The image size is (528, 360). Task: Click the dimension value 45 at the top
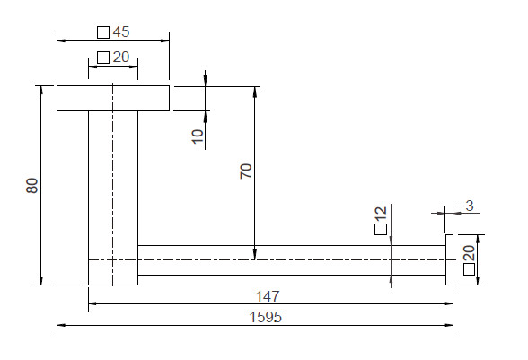coord(121,31)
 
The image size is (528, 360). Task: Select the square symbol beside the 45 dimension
coord(103,32)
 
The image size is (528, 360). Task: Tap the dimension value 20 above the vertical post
coord(121,57)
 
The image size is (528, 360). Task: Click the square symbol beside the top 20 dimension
coord(103,57)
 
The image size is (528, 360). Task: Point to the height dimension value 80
coord(32,186)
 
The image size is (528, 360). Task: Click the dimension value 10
coord(198,136)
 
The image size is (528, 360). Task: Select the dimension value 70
coord(246,171)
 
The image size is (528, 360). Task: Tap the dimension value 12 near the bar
coord(381,215)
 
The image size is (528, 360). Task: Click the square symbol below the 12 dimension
coord(381,229)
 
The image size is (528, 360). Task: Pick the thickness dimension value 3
coord(470,206)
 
